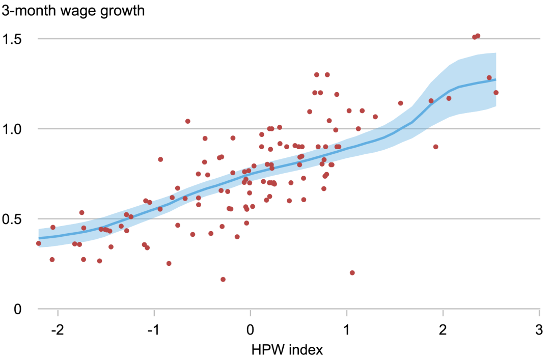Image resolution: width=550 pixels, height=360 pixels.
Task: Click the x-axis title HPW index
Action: pos(287,350)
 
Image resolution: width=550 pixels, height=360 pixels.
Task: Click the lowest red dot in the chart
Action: pos(223,280)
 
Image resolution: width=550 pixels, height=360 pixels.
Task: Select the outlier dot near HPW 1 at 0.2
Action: pos(352,273)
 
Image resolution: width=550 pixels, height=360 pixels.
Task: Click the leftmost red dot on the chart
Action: pos(38,243)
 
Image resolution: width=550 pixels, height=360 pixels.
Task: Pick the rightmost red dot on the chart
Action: pos(496,93)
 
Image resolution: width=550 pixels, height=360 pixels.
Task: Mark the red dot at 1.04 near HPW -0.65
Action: pos(188,121)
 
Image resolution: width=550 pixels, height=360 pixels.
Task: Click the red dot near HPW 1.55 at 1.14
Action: pos(400,103)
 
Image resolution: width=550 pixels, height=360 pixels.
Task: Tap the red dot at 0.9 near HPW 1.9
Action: pos(435,147)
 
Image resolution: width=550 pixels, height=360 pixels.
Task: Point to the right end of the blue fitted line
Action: pos(496,79)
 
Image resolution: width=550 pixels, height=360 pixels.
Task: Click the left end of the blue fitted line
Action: pos(39,238)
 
